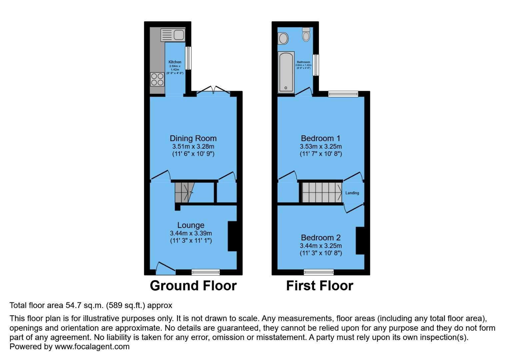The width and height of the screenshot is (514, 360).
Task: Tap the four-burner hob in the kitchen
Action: click(157, 79)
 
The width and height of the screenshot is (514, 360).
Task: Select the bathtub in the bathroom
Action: click(286, 72)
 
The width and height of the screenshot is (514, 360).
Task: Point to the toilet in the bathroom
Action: click(306, 34)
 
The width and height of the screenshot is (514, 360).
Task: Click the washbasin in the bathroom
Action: click(283, 38)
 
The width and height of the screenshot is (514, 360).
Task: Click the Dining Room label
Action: click(193, 138)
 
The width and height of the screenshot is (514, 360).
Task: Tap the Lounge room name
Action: click(191, 225)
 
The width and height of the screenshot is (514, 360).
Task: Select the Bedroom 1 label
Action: click(321, 138)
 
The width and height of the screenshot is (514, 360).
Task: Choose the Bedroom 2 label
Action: click(321, 238)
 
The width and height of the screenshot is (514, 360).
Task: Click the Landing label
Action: click(352, 193)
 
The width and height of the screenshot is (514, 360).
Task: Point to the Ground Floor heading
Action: click(193, 286)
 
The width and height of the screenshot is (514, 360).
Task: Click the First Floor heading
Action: click(319, 286)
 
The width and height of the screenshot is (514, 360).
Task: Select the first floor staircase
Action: click(322, 192)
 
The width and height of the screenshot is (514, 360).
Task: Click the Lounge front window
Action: click(206, 272)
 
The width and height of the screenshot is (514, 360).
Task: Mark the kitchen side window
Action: click(188, 58)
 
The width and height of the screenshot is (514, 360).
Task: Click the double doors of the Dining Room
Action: click(213, 92)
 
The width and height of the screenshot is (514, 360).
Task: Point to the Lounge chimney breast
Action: click(232, 236)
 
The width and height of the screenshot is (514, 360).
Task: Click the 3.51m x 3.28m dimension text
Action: click(193, 147)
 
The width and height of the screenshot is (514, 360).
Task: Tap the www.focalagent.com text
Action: click(92, 347)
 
